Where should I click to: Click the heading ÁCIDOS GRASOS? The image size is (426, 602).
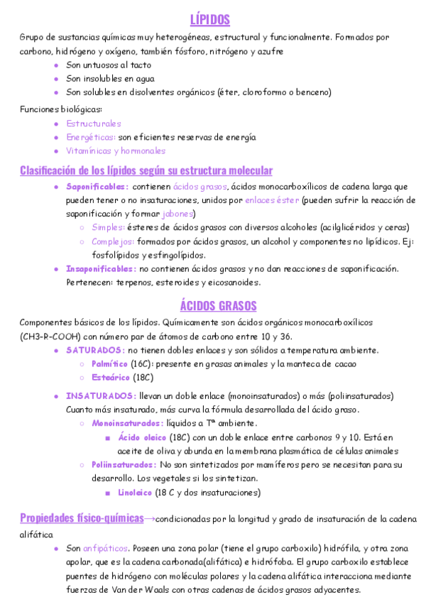pyautogui.click(x=218, y=306)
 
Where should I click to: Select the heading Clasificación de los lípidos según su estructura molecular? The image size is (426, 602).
pyautogui.click(x=146, y=170)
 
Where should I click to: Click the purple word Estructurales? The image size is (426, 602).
pyautogui.click(x=94, y=124)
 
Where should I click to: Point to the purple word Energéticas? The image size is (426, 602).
pyautogui.click(x=90, y=137)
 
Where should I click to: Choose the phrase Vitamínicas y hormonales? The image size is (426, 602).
pyautogui.click(x=116, y=150)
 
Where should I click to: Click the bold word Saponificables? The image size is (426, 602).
pyautogui.click(x=97, y=187)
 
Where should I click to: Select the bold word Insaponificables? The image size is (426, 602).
pyautogui.click(x=101, y=268)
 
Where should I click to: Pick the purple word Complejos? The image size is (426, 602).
pyautogui.click(x=112, y=241)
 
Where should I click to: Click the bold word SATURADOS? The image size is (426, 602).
pyautogui.click(x=96, y=350)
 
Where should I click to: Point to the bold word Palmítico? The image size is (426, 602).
pyautogui.click(x=109, y=363)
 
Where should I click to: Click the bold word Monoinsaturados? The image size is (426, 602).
pyautogui.click(x=127, y=423)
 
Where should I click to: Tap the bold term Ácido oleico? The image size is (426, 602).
pyautogui.click(x=142, y=437)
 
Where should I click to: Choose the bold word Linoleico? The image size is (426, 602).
pyautogui.click(x=135, y=492)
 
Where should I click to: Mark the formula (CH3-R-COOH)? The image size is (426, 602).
pyautogui.click(x=49, y=336)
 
